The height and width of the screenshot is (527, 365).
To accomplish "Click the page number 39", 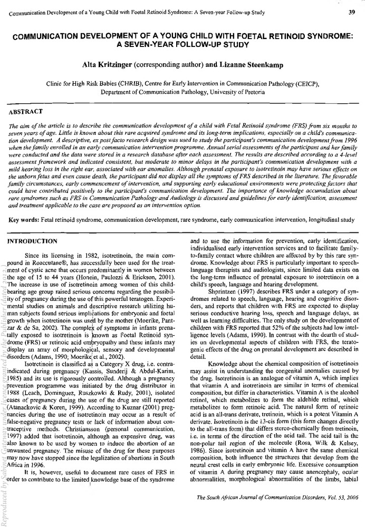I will [351, 12].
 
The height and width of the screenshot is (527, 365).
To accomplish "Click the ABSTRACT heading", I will [26, 113].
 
